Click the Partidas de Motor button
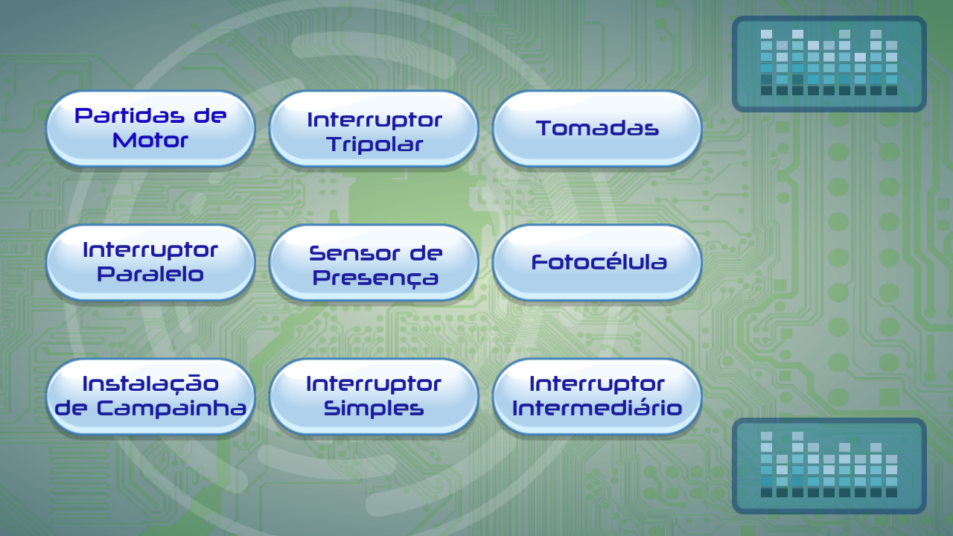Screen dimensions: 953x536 150,129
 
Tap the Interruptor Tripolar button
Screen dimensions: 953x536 374,129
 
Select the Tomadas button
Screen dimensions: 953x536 597,129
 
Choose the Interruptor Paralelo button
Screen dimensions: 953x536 150,263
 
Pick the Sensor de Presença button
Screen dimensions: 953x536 374,263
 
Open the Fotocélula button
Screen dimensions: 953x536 597,263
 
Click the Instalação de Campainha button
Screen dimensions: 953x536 150,397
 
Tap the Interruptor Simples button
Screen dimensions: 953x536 374,397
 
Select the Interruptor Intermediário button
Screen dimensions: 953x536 597,397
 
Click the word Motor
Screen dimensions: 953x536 150,141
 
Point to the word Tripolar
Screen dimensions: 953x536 374,144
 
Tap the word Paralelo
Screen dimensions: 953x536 150,274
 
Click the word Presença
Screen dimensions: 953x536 375,278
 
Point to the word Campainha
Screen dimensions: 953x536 172,409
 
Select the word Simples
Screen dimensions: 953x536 374,409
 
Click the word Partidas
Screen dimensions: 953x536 130,115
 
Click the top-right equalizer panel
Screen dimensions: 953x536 829,64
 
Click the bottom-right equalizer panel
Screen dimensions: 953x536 829,466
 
